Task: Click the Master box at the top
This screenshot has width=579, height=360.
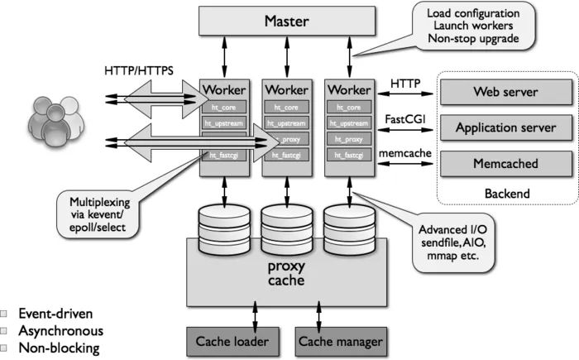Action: click(x=286, y=21)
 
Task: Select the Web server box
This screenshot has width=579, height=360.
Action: click(x=505, y=93)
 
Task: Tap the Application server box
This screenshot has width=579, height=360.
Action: click(x=505, y=128)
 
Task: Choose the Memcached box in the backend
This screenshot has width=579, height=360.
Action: click(x=505, y=164)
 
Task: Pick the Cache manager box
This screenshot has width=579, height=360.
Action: click(x=340, y=340)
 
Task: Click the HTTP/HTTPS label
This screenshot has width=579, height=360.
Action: click(x=139, y=70)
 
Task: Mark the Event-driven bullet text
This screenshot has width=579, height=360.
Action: click(x=55, y=314)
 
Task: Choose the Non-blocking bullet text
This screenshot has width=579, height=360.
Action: click(x=58, y=348)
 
